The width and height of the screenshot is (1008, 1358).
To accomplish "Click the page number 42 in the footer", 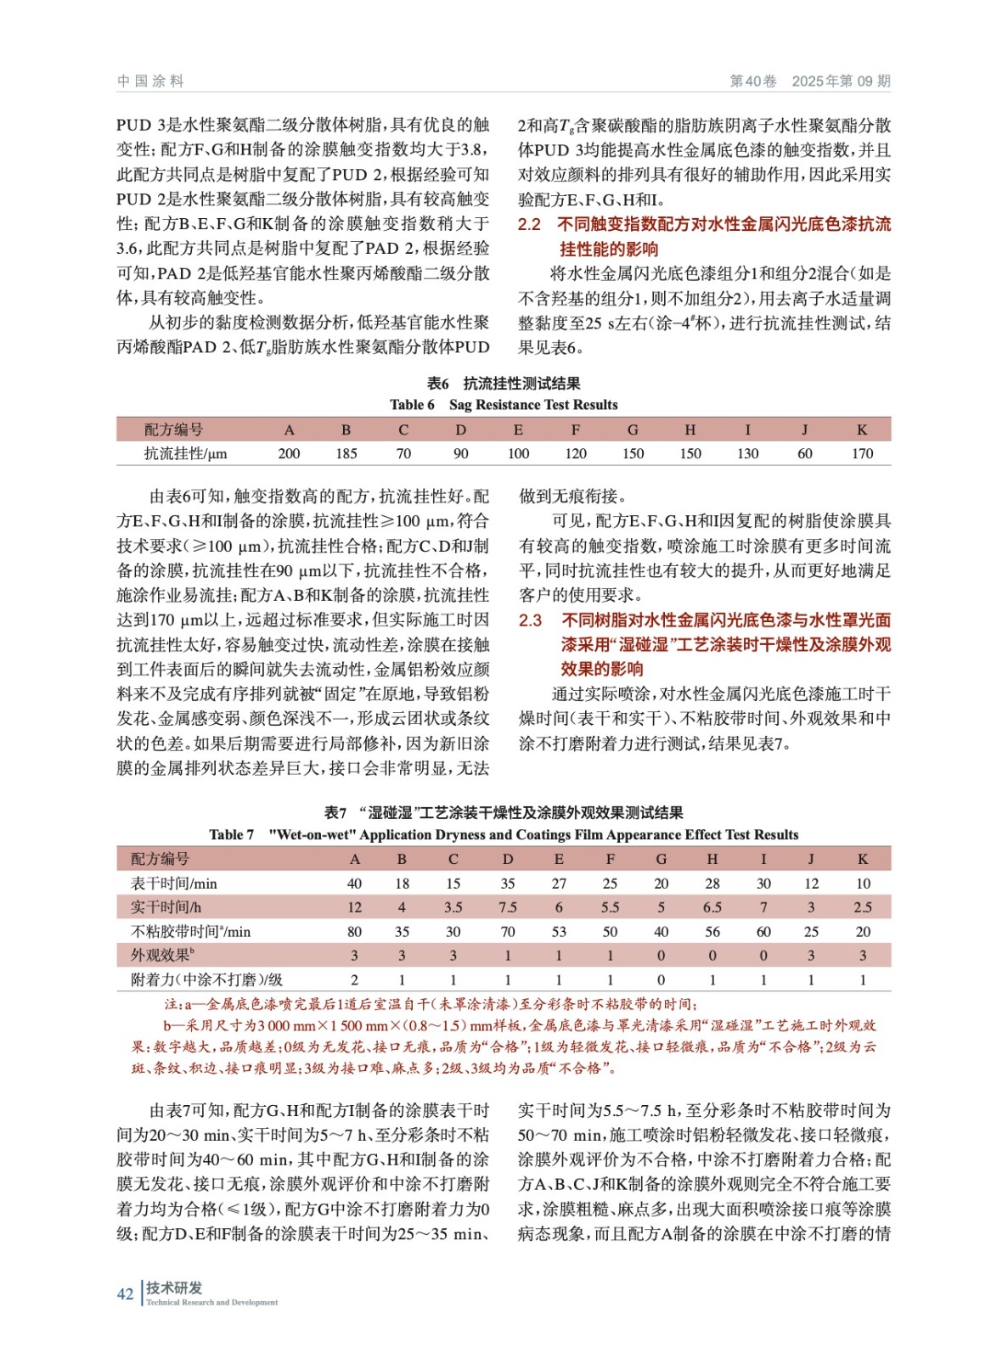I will click(125, 1293).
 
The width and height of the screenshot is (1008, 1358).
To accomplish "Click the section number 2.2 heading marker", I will click(529, 225).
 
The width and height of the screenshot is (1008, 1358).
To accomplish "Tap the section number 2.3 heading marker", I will click(530, 620).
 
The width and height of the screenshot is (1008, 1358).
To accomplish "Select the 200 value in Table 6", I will click(289, 453).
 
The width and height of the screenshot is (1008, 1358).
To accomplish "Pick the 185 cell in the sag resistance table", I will click(346, 453).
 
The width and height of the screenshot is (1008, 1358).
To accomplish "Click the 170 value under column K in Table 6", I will click(862, 453).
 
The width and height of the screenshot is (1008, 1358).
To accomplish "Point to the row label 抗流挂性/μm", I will click(185, 453).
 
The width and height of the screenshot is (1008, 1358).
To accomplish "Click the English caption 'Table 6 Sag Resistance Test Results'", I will click(504, 405).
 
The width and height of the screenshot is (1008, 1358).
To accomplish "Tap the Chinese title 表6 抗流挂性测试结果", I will click(504, 384).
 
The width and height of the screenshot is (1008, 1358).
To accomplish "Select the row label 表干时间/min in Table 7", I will click(173, 884).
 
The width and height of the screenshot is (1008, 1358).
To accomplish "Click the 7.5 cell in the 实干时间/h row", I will click(508, 907).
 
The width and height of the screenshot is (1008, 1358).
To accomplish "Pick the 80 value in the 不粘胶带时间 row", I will click(354, 931).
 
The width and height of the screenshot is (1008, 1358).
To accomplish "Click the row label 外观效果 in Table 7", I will click(162, 955).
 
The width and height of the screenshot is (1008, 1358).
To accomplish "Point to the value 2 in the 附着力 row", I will click(354, 979).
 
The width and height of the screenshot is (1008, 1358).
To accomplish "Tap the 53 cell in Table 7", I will click(559, 931).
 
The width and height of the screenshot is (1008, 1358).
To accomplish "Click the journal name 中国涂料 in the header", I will click(150, 81).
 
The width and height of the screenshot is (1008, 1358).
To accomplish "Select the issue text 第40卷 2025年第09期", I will click(810, 81).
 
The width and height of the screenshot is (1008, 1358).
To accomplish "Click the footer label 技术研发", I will click(174, 1288).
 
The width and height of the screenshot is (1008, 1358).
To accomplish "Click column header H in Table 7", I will click(712, 859).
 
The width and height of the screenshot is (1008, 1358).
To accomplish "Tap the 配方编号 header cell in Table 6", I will click(173, 429).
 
